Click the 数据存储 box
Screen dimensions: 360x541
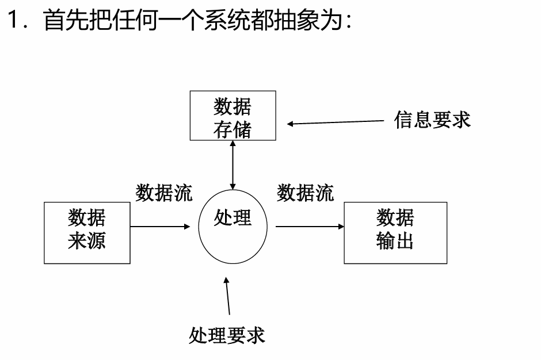click(233, 116)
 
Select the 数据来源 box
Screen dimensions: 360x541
click(87, 232)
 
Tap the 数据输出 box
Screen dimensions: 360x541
click(395, 232)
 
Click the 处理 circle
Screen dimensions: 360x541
click(233, 226)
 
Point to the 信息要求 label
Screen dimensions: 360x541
click(432, 120)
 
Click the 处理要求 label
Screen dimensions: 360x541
click(227, 335)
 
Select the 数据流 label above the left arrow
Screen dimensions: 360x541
click(164, 193)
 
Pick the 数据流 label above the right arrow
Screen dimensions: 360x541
click(305, 193)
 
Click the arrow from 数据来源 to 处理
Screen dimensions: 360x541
click(160, 227)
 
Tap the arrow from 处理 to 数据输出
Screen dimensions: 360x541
click(310, 227)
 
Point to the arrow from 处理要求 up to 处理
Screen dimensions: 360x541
click(228, 296)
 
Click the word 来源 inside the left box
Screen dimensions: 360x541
click(87, 241)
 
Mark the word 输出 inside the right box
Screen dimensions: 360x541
click(395, 241)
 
